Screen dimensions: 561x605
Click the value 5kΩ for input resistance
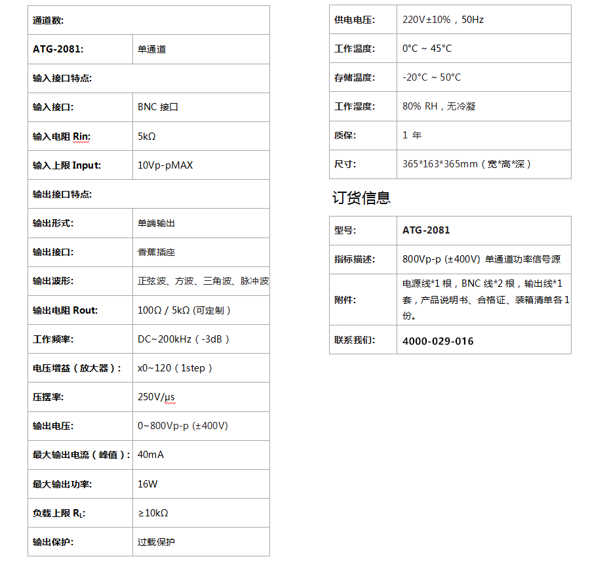147,136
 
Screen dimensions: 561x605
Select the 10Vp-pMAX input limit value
165,165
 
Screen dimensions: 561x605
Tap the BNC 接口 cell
158,107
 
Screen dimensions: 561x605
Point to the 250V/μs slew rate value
157,397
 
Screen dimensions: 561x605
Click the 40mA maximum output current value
151,455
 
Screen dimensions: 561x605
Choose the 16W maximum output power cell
147,484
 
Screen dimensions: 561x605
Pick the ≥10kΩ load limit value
153,513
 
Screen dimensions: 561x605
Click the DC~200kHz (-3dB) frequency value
184,339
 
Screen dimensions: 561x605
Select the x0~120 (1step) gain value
175,368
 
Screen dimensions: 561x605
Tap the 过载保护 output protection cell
156,542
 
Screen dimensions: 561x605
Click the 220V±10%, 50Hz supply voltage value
443,20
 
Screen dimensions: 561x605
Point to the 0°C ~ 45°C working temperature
427,49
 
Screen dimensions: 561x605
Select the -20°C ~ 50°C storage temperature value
431,77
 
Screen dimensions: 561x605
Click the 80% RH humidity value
439,106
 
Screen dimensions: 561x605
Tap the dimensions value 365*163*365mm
467,164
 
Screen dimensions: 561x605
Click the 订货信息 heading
361,197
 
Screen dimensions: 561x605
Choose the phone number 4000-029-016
438,341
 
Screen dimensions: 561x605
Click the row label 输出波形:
53,281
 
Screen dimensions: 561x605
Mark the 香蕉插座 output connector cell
156,252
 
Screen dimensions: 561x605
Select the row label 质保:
345,135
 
